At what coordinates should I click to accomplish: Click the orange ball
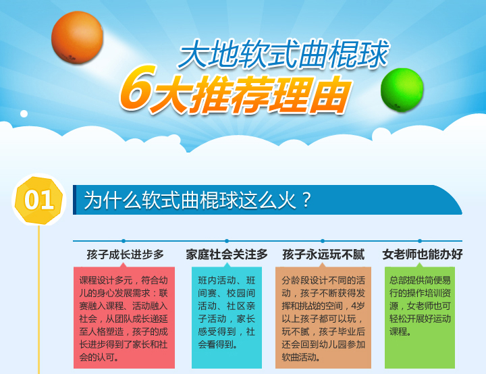(77, 38)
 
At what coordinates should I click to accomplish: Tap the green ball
(402, 90)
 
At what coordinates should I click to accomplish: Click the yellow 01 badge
(38, 200)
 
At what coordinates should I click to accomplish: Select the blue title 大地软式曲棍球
(283, 54)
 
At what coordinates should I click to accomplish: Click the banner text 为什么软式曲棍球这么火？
(197, 200)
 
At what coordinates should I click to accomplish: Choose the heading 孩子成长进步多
(126, 255)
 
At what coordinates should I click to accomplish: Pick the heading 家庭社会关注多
(227, 255)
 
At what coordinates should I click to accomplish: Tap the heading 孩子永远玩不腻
(323, 255)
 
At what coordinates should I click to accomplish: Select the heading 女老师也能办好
(423, 255)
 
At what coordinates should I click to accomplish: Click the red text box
(124, 317)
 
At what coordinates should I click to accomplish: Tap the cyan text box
(227, 317)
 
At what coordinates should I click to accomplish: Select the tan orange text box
(323, 317)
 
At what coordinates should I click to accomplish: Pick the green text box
(420, 317)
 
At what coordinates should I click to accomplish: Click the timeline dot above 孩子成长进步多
(124, 241)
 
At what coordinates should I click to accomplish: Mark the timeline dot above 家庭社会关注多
(227, 241)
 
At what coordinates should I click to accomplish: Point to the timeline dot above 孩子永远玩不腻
(323, 241)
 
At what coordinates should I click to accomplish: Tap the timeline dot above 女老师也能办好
(420, 241)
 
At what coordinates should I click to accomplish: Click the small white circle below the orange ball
(24, 114)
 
